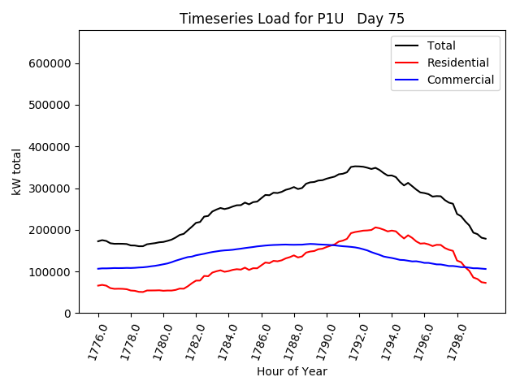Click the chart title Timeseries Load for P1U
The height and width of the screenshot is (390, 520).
(292, 19)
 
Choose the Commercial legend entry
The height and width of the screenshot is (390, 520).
(460, 80)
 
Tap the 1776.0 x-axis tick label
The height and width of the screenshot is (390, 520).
(93, 341)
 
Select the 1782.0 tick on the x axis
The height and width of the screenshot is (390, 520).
(190, 341)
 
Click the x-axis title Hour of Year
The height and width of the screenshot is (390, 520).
(292, 371)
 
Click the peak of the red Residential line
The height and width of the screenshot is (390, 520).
(375, 227)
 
